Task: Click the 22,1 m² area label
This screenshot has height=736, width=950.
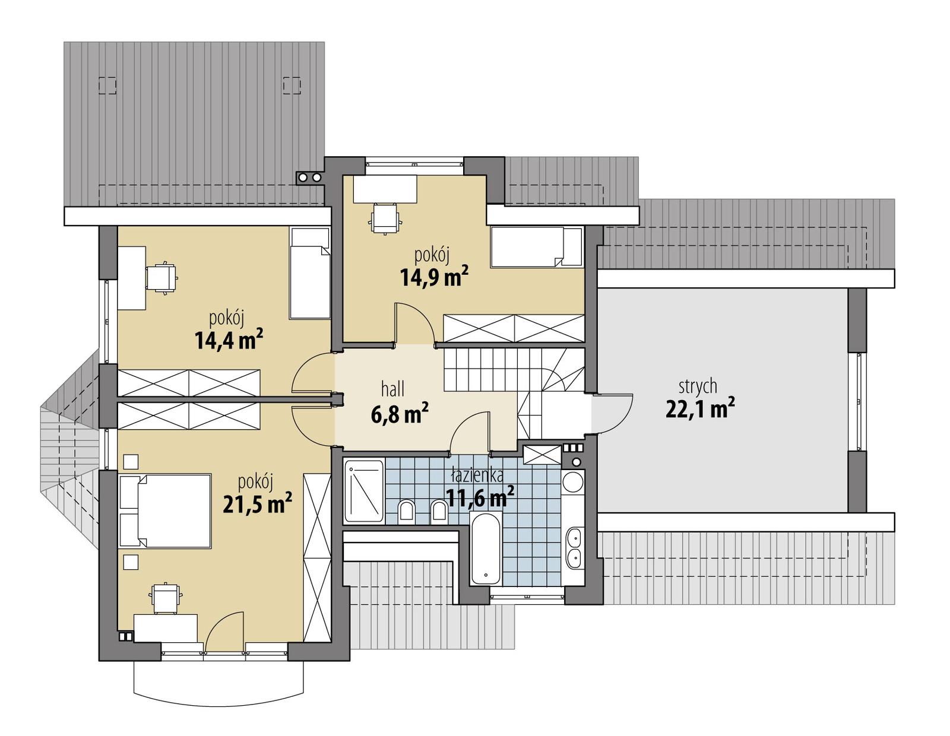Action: (700, 410)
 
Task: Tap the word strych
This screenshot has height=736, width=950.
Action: (698, 386)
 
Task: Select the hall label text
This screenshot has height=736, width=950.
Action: (392, 389)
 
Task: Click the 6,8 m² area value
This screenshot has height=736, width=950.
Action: (400, 414)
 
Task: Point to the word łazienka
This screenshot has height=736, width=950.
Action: (477, 475)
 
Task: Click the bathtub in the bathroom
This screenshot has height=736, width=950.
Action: (486, 549)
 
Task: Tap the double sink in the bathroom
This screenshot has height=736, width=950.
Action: (574, 547)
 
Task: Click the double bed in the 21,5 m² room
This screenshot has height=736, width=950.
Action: (166, 510)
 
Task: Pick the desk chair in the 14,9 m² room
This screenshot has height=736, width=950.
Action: (385, 218)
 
